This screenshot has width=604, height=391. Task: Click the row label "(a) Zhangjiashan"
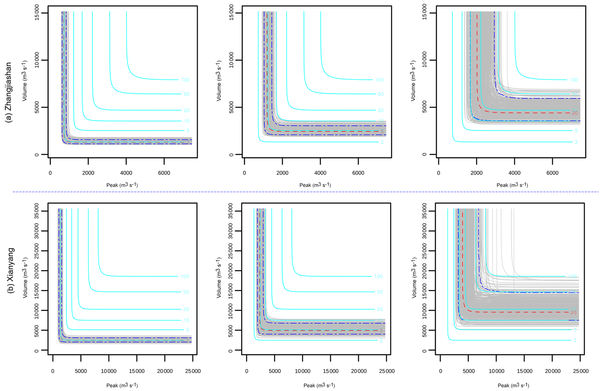pyautogui.click(x=9, y=92)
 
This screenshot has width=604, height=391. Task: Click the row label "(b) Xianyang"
pyautogui.click(x=11, y=270)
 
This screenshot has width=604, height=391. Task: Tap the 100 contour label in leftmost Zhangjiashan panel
pyautogui.click(x=185, y=80)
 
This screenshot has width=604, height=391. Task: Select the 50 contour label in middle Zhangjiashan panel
pyautogui.click(x=380, y=94)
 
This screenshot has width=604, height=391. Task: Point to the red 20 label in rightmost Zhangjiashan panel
pyautogui.click(x=574, y=113)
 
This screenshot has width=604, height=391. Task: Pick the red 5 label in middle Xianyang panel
pyautogui.click(x=381, y=331)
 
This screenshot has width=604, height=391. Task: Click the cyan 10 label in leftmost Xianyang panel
pyautogui.click(x=186, y=320)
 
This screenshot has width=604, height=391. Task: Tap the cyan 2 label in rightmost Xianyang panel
pyautogui.click(x=575, y=340)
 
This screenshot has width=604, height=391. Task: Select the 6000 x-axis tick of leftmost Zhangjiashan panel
pyautogui.click(x=164, y=173)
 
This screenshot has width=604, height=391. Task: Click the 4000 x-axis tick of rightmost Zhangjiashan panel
pyautogui.click(x=514, y=173)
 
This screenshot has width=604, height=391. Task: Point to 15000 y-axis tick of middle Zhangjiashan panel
pyautogui.click(x=231, y=13)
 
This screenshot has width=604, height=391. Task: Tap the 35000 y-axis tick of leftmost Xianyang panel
pyautogui.click(x=37, y=211)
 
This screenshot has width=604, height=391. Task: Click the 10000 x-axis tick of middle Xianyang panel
pyautogui.click(x=302, y=371)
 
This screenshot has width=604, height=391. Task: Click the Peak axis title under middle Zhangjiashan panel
pyautogui.click(x=315, y=185)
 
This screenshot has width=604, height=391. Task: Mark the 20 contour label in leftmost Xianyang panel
pyautogui.click(x=186, y=309)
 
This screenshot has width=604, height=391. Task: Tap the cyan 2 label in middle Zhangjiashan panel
pyautogui.click(x=382, y=142)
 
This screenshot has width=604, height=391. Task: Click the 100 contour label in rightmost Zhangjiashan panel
pyautogui.click(x=573, y=80)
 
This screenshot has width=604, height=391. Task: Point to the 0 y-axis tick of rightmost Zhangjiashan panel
pyautogui.click(x=425, y=154)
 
